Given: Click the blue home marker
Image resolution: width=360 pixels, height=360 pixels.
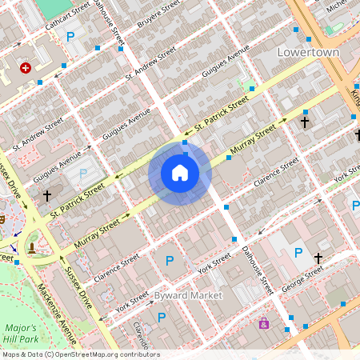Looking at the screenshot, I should pyautogui.click(x=180, y=172).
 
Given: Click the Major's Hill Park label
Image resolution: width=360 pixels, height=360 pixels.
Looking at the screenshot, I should pyautogui.click(x=20, y=334).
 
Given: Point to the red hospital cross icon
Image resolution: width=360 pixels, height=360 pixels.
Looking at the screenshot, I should pyautogui.click(x=26, y=69).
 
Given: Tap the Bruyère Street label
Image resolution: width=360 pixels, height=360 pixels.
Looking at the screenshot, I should pyautogui.click(x=160, y=11).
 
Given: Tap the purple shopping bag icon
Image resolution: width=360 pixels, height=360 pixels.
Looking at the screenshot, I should pyautogui.click(x=263, y=323).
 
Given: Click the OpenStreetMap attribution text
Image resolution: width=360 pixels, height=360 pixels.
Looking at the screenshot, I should pyautogui.click(x=80, y=354).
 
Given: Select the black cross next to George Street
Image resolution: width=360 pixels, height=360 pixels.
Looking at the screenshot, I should pyautogui.click(x=318, y=258).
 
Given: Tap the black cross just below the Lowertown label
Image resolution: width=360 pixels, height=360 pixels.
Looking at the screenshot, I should pyautogui.click(x=304, y=122).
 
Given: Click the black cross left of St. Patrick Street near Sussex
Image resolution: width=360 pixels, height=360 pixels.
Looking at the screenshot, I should pyautogui.click(x=47, y=194).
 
